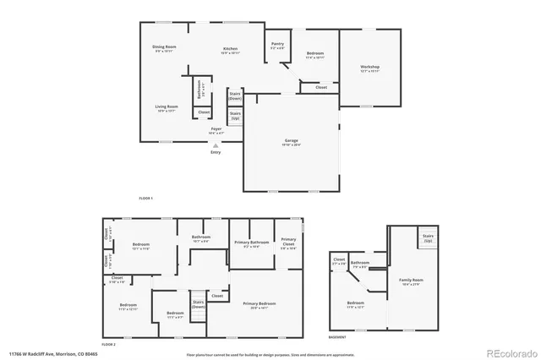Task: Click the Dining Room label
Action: coord(164,48)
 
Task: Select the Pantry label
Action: coord(276,45)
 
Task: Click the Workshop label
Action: coord(369,68)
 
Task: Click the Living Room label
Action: coord(166,108)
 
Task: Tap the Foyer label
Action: coord(216,130)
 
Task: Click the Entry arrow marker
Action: coord(215,145)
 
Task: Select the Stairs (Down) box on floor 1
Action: coord(235,96)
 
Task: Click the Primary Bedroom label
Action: coord(255,304)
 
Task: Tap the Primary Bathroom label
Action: coord(246,244)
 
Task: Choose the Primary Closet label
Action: coord(289,244)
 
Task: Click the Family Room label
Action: coord(412,281)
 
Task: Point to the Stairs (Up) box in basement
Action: coord(428,239)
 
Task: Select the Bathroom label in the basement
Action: coord(360,265)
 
